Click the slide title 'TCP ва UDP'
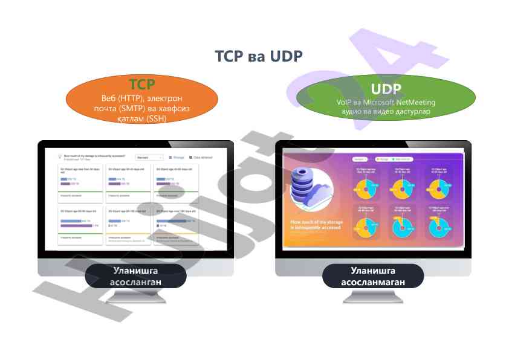pyautogui.click(x=258, y=56)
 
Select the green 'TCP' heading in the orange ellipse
pyautogui.click(x=141, y=85)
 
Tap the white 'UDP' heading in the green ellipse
pyautogui.click(x=386, y=89)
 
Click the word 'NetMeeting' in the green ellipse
pyautogui.click(x=417, y=102)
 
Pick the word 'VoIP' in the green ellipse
pyautogui.click(x=345, y=102)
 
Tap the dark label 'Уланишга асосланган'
pyautogui.click(x=135, y=276)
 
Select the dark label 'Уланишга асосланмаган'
pyautogui.click(x=372, y=276)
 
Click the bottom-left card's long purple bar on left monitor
pyautogui.click(x=80, y=226)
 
